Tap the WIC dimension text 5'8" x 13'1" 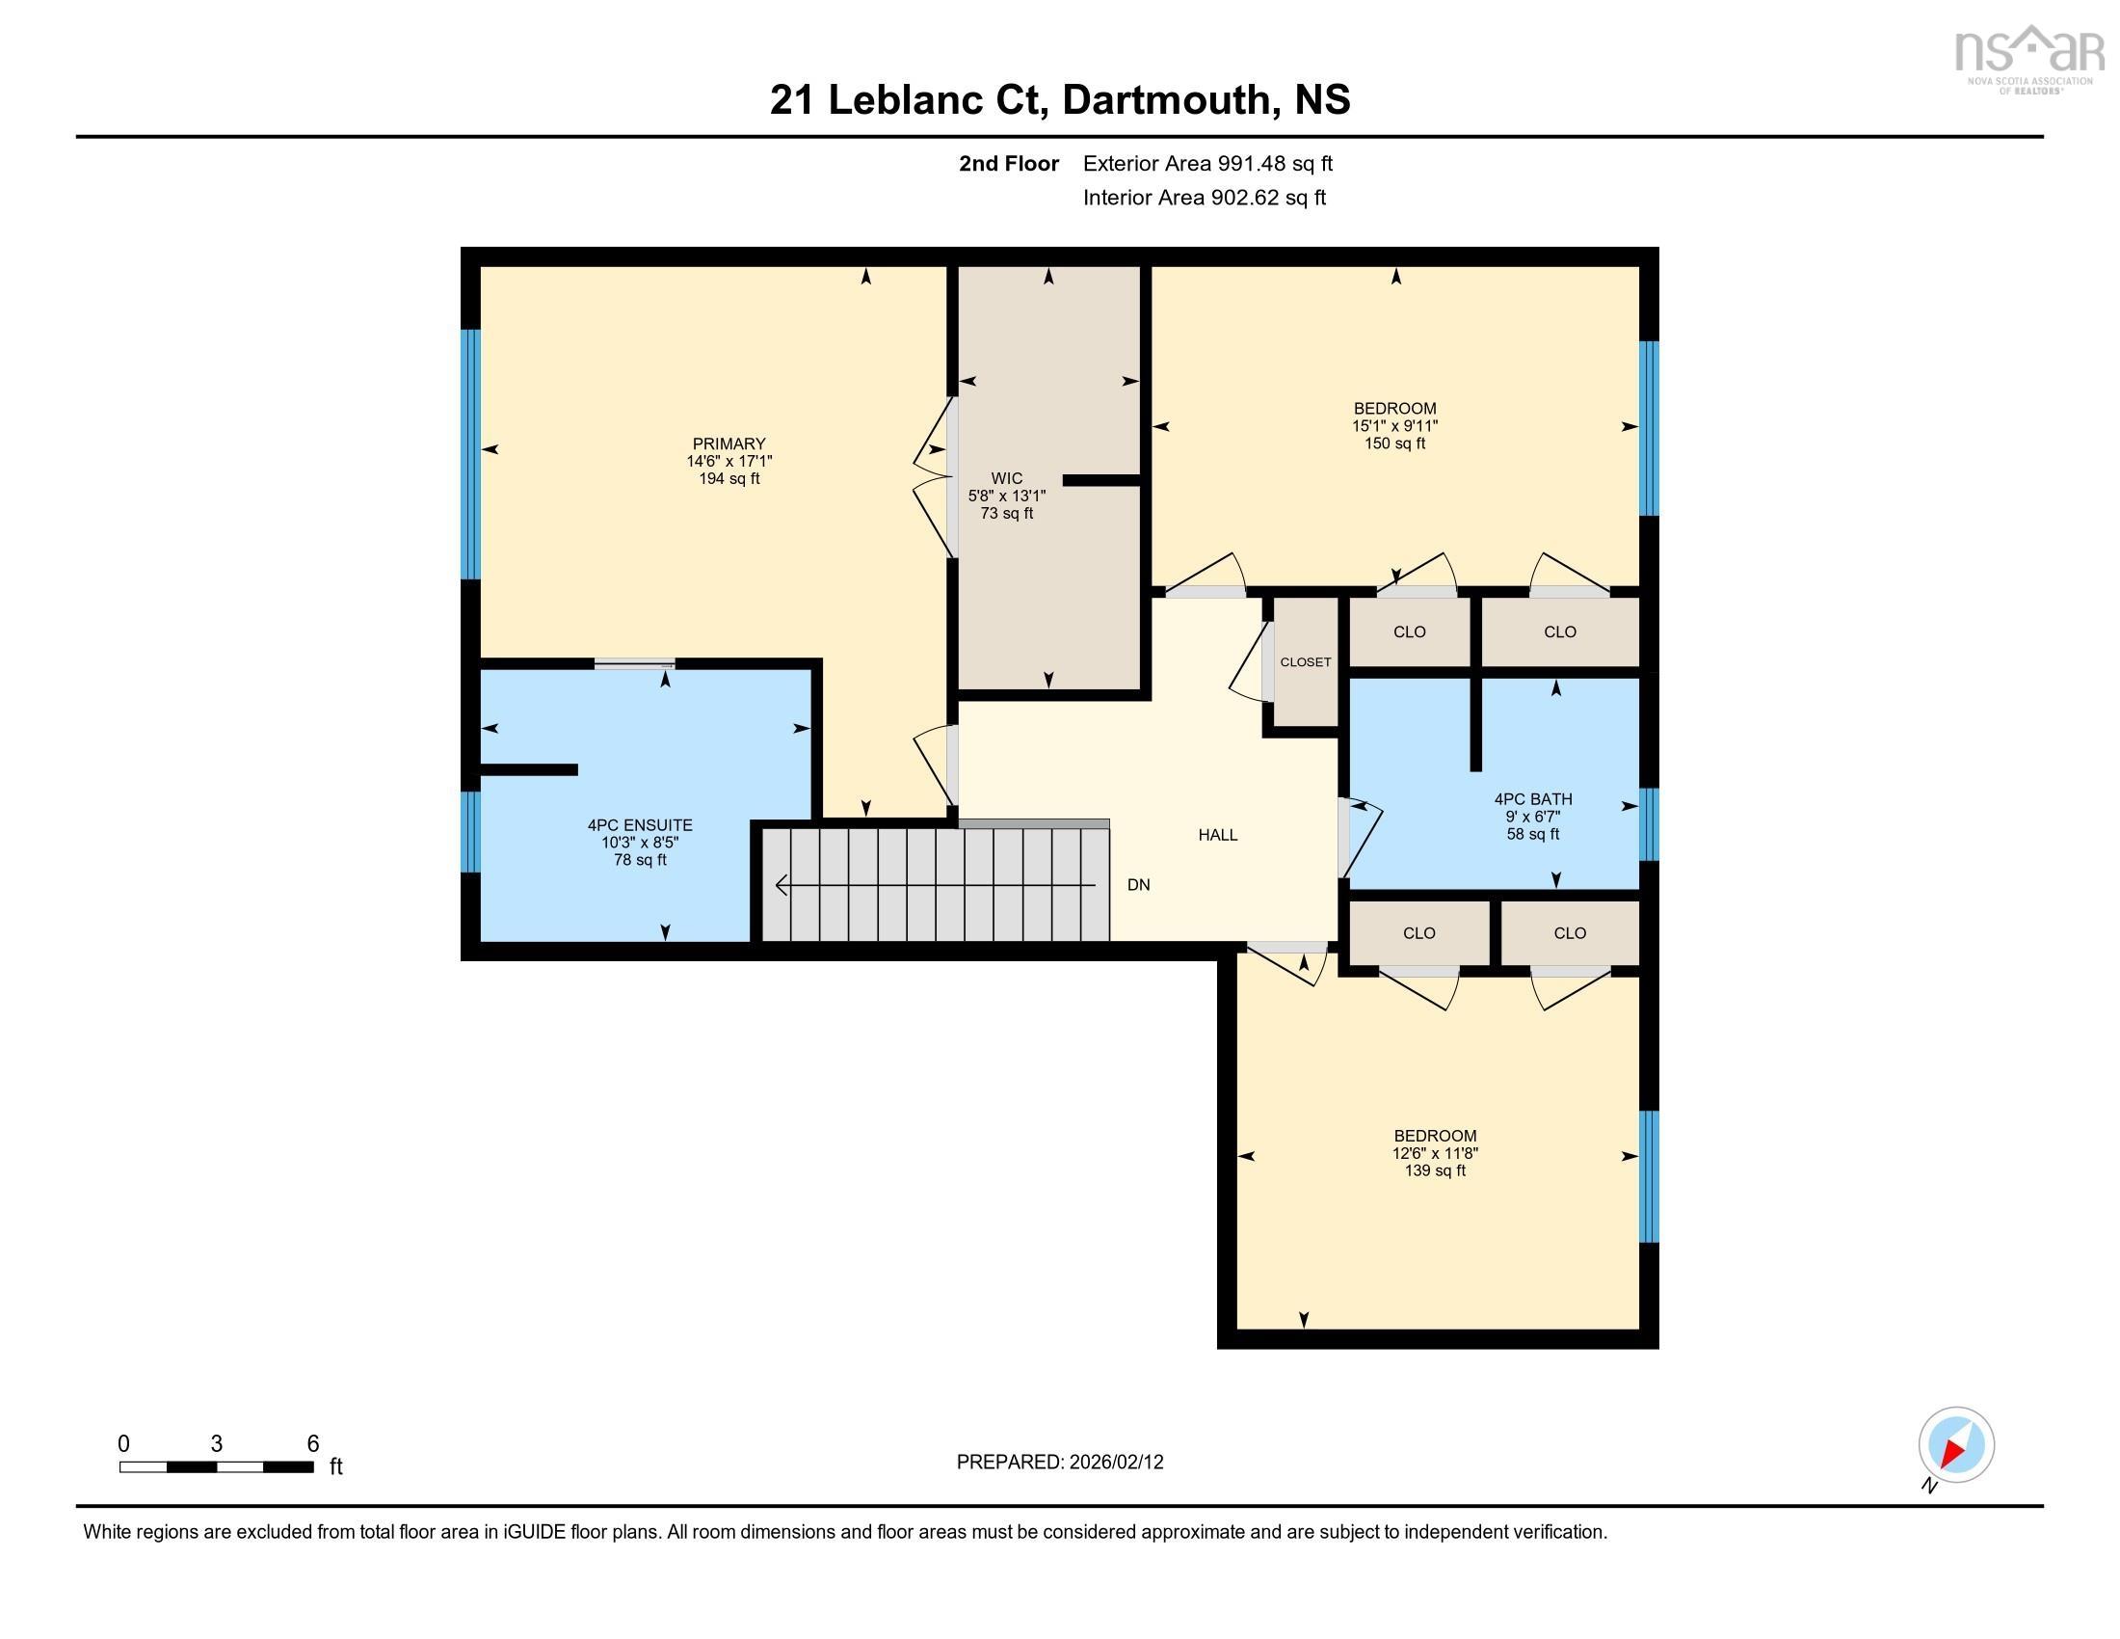[x=1007, y=496]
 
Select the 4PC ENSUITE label [x=640, y=825]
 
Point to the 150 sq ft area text [x=1395, y=443]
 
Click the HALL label [x=1217, y=835]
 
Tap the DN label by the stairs [x=1139, y=884]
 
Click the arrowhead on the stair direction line [x=781, y=885]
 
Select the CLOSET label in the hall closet [x=1306, y=662]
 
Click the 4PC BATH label [x=1533, y=799]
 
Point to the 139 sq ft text [x=1435, y=1171]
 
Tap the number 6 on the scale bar [x=312, y=1444]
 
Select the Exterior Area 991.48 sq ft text [x=1207, y=163]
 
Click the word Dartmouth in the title [x=1165, y=100]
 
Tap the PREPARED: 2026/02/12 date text [x=1060, y=1463]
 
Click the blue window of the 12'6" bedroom [x=1648, y=1177]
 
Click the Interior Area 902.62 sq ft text [x=1204, y=198]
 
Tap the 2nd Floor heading [x=1009, y=163]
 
